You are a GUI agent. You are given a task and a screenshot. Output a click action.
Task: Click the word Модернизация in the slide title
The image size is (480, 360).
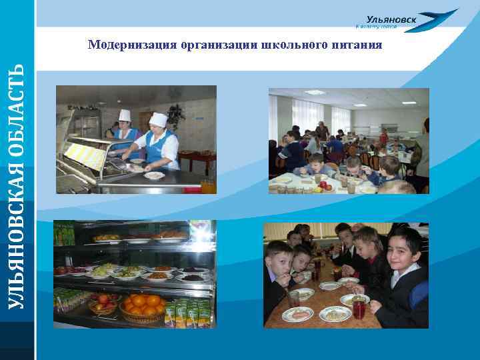132,45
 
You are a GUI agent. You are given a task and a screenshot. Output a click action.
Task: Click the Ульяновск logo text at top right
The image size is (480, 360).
391,20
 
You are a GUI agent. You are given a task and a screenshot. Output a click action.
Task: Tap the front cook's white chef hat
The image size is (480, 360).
158,119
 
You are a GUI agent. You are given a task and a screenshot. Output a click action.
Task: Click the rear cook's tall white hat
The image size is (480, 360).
125,115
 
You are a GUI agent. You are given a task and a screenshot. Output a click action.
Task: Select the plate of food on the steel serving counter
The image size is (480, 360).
154,175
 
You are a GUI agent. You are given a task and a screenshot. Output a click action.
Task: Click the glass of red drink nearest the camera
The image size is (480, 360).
359,308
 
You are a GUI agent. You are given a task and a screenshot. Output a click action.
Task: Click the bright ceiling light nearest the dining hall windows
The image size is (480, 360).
314,92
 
